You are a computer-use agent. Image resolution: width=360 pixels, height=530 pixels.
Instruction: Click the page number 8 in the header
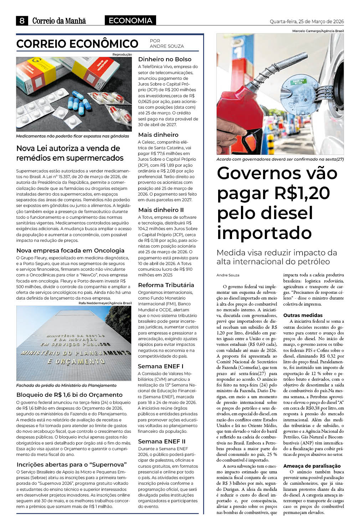(x=22, y=21)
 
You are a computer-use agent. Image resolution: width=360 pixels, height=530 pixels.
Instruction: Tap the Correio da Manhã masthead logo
(x=59, y=21)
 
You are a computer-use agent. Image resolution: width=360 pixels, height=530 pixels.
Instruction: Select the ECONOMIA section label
(x=130, y=21)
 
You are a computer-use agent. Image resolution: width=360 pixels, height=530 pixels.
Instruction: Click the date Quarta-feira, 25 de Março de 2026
(x=307, y=21)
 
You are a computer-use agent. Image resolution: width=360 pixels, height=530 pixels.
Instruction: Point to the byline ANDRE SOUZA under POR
(x=167, y=46)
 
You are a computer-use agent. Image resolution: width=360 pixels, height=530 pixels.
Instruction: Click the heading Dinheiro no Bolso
(x=165, y=59)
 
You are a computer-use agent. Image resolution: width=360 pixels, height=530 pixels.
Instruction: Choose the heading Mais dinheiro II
(x=161, y=210)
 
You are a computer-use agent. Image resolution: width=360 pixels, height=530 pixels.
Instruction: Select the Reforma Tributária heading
(x=166, y=285)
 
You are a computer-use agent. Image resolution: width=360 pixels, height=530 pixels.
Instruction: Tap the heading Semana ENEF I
(x=161, y=366)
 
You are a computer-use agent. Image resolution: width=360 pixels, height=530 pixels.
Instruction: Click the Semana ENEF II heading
(x=161, y=441)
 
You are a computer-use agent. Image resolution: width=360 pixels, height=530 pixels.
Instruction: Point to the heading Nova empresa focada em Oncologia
(x=70, y=250)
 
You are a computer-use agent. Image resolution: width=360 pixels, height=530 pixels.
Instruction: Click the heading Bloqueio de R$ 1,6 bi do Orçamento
(x=70, y=395)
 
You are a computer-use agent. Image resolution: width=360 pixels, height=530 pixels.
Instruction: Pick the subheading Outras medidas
(x=303, y=315)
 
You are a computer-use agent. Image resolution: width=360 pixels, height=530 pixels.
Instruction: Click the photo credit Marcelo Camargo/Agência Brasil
(x=318, y=31)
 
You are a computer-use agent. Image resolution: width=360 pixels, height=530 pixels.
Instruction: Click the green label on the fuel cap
(x=299, y=82)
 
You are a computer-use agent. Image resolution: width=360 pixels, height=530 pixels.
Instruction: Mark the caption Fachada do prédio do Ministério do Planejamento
(x=66, y=385)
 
